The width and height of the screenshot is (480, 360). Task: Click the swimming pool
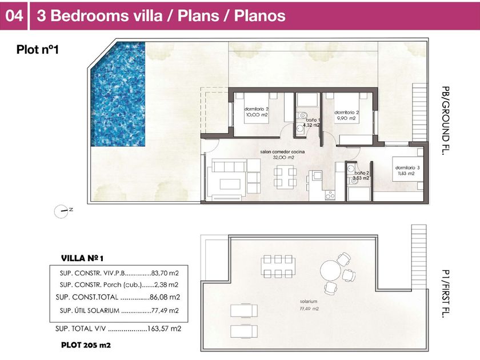[x=118, y=94]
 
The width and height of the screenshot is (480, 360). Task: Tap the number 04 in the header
[x=14, y=15]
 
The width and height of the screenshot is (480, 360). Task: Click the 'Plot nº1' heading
[x=37, y=50]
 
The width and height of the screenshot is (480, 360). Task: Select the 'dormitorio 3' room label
[x=407, y=168]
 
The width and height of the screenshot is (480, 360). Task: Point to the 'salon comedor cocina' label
[x=282, y=152]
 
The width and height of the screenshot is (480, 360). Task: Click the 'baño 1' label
[x=313, y=120]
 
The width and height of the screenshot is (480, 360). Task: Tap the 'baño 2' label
[x=362, y=173]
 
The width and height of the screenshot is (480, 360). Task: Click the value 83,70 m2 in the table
[x=165, y=273]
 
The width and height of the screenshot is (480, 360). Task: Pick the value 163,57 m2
[x=165, y=329]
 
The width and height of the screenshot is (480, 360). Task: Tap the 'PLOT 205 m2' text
[x=86, y=345]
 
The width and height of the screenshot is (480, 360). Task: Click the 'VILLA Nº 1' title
[x=82, y=258]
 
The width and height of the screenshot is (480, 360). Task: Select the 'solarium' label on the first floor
[x=309, y=302]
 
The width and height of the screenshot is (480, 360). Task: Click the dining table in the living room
[x=285, y=177]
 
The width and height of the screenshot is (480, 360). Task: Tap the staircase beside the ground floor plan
[x=419, y=112]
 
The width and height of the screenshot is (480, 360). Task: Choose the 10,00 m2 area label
[x=257, y=115]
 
